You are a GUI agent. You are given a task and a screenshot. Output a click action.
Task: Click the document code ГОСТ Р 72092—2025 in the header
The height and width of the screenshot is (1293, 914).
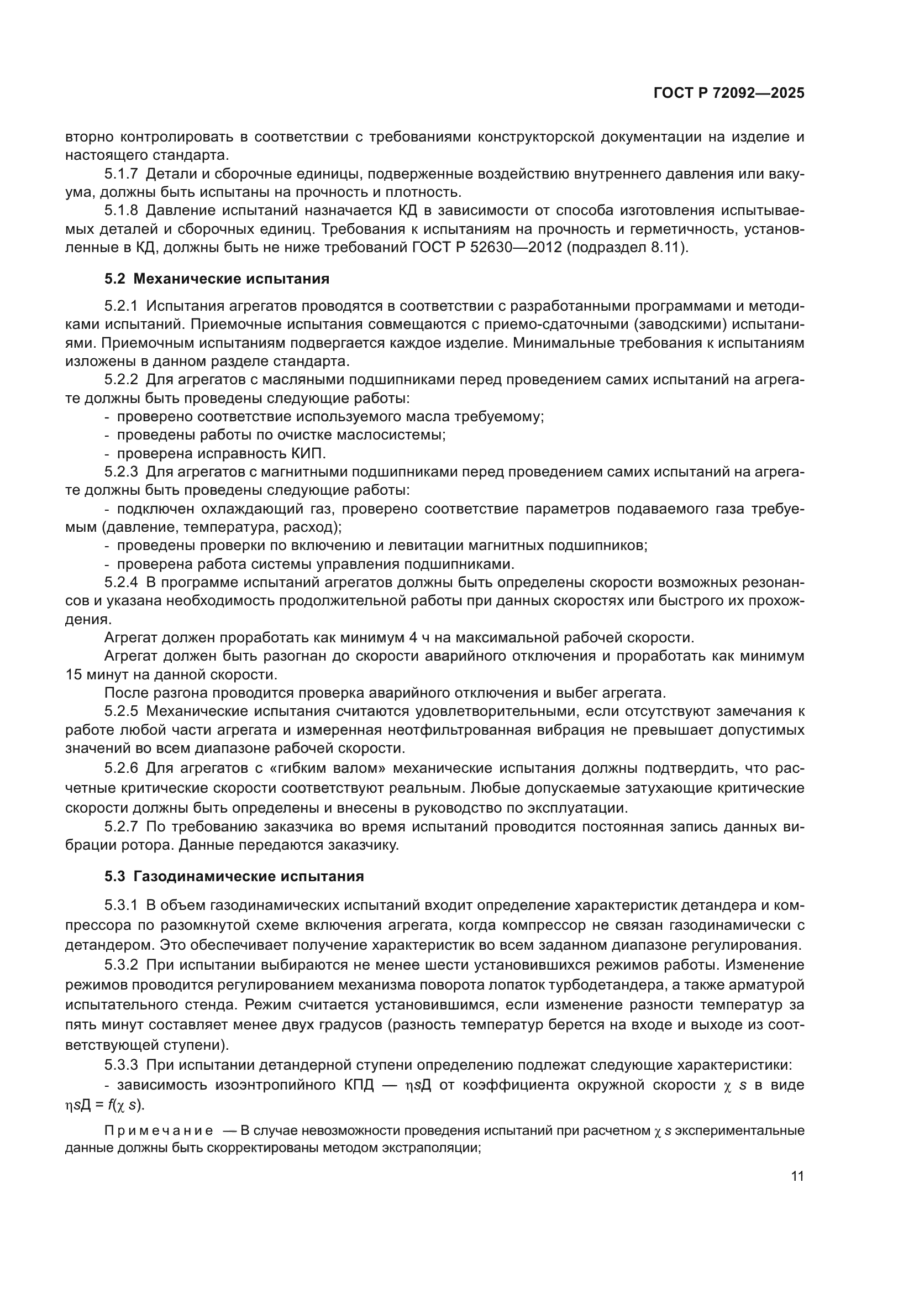pyautogui.click(x=729, y=93)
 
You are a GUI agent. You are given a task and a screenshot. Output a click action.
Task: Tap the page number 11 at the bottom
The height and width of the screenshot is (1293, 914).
pyautogui.click(x=797, y=1176)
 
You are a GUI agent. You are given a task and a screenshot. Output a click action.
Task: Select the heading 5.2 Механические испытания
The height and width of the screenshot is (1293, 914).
pyautogui.click(x=217, y=279)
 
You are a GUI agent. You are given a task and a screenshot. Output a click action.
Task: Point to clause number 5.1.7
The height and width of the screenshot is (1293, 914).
pyautogui.click(x=121, y=174)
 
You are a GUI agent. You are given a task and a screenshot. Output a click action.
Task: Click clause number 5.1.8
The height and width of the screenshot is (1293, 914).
pyautogui.click(x=121, y=211)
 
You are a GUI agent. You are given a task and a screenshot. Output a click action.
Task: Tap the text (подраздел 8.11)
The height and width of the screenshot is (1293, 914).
pyautogui.click(x=627, y=247)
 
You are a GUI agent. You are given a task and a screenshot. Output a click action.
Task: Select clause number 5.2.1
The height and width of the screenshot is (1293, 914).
pyautogui.click(x=121, y=306)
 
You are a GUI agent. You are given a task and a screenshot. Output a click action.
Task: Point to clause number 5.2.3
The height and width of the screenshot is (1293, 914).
pyautogui.click(x=121, y=472)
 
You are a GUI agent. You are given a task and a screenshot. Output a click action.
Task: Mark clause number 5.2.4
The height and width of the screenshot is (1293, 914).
pyautogui.click(x=121, y=582)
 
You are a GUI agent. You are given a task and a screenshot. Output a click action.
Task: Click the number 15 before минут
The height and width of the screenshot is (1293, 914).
pyautogui.click(x=74, y=674)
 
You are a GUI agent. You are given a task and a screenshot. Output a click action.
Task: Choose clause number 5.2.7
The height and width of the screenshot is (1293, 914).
pyautogui.click(x=121, y=826)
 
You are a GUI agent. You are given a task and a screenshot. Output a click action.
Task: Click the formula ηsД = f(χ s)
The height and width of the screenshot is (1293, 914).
pyautogui.click(x=104, y=1105)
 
